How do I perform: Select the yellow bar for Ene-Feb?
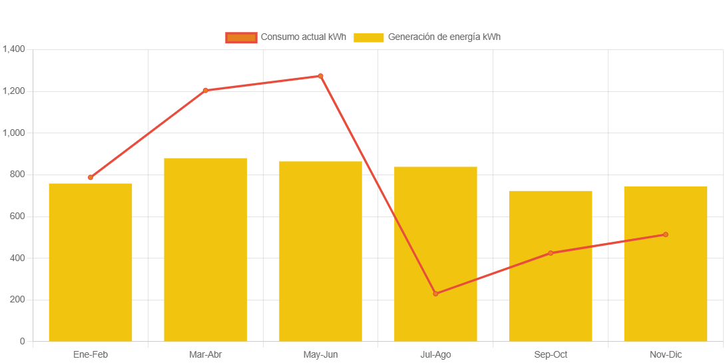(x=91, y=262)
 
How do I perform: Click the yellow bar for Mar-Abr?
(x=205, y=250)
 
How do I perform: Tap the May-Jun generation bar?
(x=320, y=251)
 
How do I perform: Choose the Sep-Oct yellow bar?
(x=551, y=266)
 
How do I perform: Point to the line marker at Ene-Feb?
(x=91, y=178)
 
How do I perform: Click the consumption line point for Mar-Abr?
(x=205, y=91)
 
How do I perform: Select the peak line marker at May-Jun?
(x=320, y=76)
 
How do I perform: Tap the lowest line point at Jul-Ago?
(x=435, y=294)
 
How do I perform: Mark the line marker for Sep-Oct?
(x=551, y=253)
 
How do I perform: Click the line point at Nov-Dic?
(x=665, y=234)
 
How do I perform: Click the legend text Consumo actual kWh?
(x=303, y=37)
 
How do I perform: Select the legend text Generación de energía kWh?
(x=444, y=37)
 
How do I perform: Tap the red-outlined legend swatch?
(x=241, y=37)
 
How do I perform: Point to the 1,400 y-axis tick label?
(x=14, y=49)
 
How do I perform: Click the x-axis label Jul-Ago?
(x=435, y=354)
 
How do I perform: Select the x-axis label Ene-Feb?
(x=91, y=354)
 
